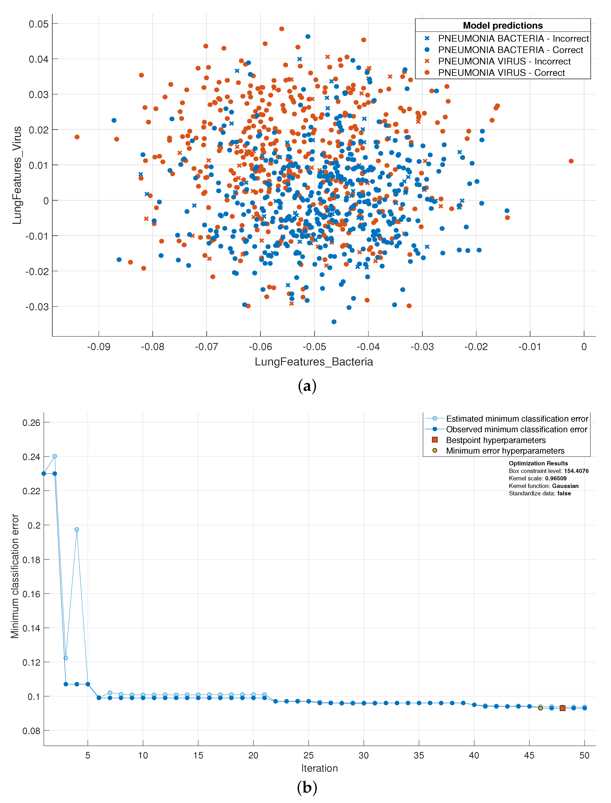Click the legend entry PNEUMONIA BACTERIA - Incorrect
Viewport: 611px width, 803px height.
[x=513, y=38]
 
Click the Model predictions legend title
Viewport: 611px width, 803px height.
[x=502, y=25]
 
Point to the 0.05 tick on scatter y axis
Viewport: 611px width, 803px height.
[x=38, y=24]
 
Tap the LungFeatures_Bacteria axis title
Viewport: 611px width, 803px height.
[x=313, y=362]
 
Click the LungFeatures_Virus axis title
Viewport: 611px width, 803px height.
[x=17, y=175]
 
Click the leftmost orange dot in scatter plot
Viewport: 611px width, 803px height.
[x=77, y=137]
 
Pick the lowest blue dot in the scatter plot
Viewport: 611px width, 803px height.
[x=333, y=322]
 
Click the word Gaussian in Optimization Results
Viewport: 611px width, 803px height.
[x=565, y=486]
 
